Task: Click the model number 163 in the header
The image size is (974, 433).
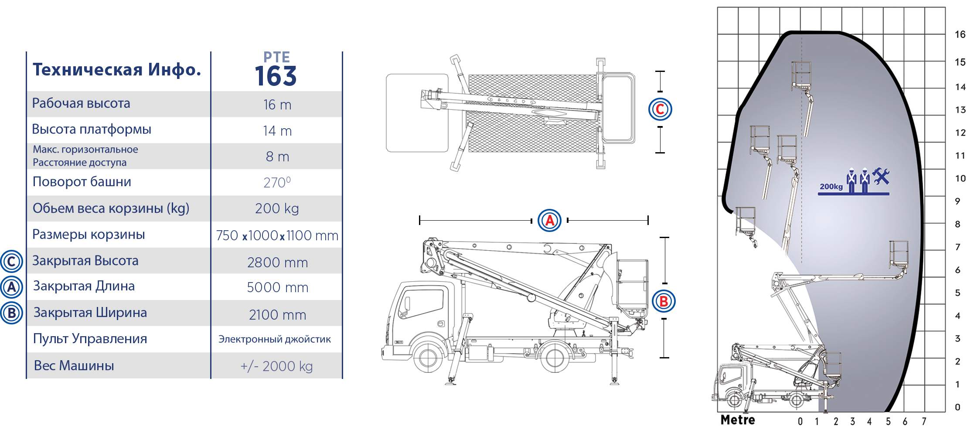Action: [276, 76]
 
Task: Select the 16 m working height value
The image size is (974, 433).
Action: [277, 105]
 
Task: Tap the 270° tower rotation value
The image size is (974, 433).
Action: [277, 182]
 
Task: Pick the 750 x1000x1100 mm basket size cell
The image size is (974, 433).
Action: [277, 235]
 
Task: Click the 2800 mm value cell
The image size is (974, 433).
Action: [277, 263]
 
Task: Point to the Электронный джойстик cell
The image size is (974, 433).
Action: [275, 339]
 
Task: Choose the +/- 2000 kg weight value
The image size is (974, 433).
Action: [277, 366]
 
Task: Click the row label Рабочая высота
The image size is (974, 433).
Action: [81, 103]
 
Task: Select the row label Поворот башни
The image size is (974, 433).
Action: [82, 182]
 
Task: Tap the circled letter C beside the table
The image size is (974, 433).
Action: [11, 262]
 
